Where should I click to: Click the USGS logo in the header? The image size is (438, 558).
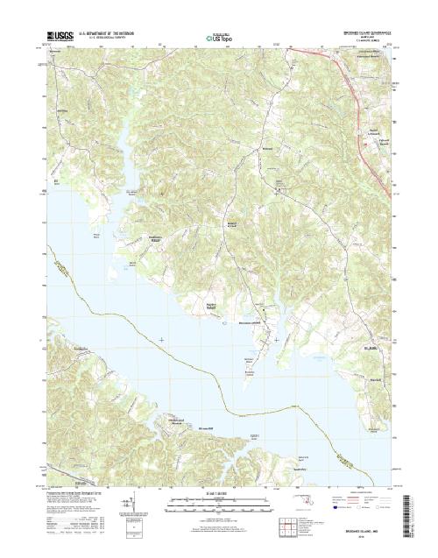click(x=58, y=38)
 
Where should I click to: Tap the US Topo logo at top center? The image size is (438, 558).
click(x=218, y=38)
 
